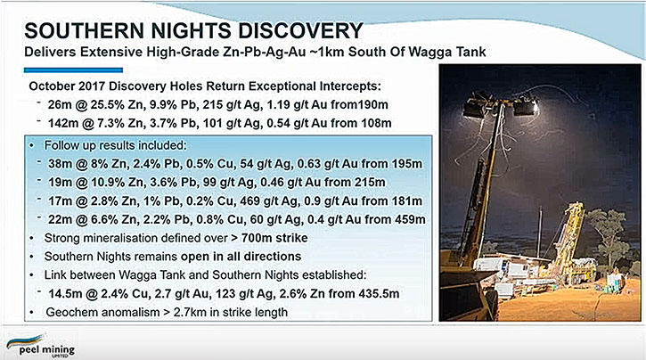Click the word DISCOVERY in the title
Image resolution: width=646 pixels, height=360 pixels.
click(x=301, y=30)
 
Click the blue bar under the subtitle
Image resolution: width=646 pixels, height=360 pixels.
click(x=73, y=70)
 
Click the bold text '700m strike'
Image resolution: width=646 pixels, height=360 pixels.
click(x=274, y=238)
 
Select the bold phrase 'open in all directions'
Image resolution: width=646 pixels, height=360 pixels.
click(x=241, y=257)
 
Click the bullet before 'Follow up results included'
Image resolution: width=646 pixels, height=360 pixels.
click(x=32, y=146)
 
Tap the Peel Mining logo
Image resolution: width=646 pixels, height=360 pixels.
click(x=40, y=345)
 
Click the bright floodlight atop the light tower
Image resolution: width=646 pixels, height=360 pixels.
click(x=525, y=108)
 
